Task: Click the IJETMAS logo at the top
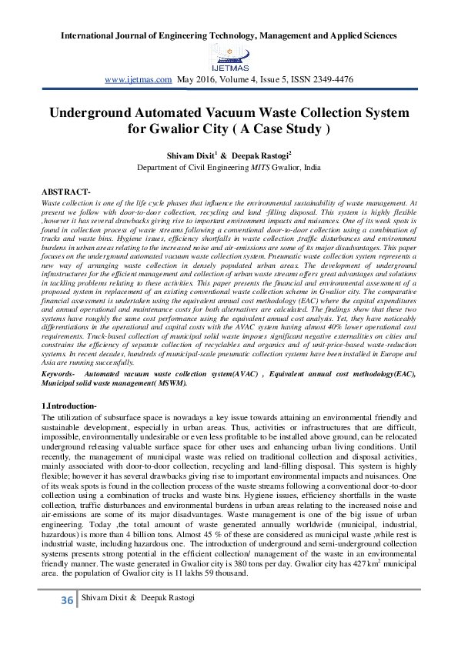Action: click(228, 54)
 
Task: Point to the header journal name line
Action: click(229, 35)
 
